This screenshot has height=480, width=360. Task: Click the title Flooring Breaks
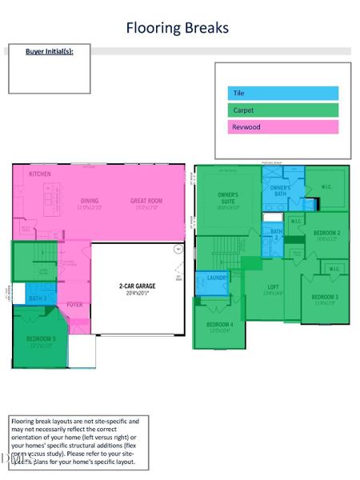(x=177, y=28)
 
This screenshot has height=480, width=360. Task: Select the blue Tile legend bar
(x=282, y=94)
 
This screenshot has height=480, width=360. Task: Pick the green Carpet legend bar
(x=282, y=110)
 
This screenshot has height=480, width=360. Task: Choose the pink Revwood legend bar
(x=282, y=127)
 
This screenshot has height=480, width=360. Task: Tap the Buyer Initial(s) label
(x=49, y=51)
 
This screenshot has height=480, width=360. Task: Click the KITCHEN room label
(x=40, y=174)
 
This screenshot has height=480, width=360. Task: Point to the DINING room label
(x=89, y=201)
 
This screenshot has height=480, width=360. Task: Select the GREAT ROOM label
(x=146, y=201)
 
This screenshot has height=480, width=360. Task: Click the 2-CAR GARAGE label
(x=138, y=285)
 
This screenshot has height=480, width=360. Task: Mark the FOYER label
(x=74, y=305)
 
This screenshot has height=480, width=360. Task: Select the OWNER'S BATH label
(x=280, y=190)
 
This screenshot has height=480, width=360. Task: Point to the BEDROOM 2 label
(x=327, y=233)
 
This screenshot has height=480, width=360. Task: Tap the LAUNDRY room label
(x=218, y=278)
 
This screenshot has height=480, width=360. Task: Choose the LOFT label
(x=273, y=286)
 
